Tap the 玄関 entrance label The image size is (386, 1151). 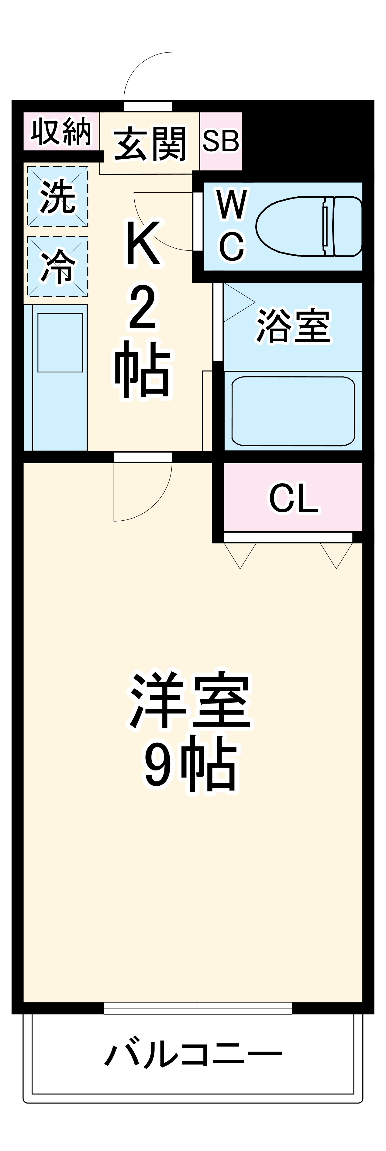pyautogui.click(x=149, y=143)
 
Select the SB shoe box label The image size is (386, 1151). pyautogui.click(x=221, y=141)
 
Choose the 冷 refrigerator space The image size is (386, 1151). pyautogui.click(x=58, y=266)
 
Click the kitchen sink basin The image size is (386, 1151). pyautogui.click(x=60, y=342)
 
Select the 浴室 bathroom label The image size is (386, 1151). pyautogui.click(x=293, y=326)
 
